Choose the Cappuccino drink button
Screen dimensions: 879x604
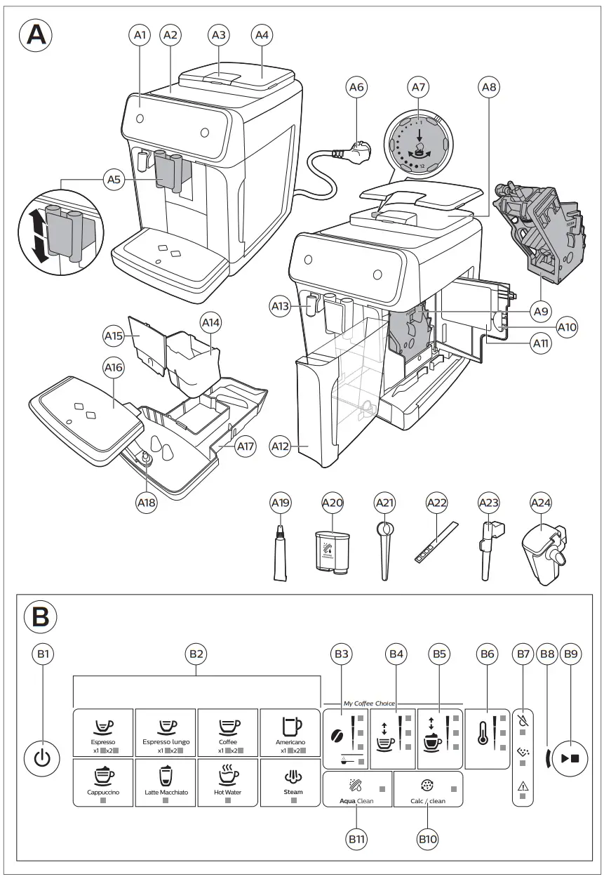click(103, 782)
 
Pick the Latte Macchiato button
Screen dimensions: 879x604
click(166, 782)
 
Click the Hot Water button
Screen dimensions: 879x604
click(228, 782)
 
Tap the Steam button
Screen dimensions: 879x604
click(293, 782)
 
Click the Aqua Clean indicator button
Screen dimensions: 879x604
click(356, 790)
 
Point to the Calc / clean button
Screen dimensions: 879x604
click(428, 790)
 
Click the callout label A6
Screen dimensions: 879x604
click(356, 88)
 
